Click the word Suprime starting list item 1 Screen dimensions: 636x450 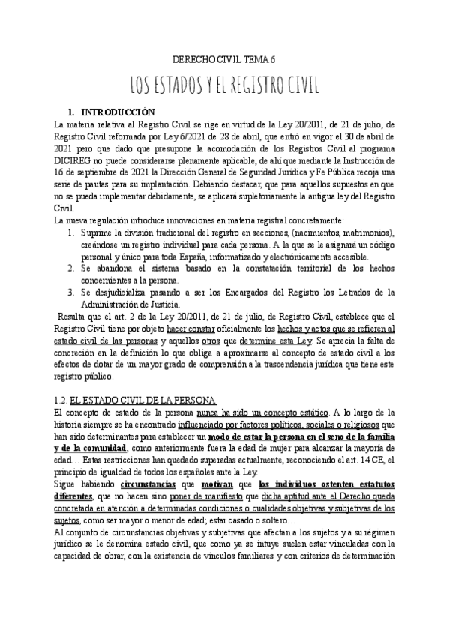click(x=96, y=232)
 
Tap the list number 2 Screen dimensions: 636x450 click(x=69, y=268)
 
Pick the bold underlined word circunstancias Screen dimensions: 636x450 click(x=142, y=496)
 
